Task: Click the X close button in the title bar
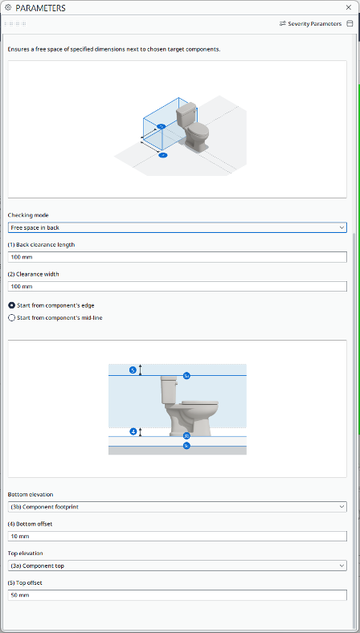tap(347, 7)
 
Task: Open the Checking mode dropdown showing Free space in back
tap(177, 228)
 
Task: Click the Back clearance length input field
tap(177, 257)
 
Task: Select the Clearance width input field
tap(177, 286)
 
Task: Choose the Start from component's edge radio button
tap(11, 305)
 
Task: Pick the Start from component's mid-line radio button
tap(11, 317)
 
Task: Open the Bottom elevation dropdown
tap(177, 507)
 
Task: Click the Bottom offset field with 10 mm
tap(177, 536)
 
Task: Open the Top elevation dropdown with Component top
tap(177, 566)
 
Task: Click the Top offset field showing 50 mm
tap(177, 594)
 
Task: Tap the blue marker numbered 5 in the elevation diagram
tap(133, 370)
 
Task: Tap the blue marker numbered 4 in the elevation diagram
tap(133, 431)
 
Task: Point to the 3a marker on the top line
tap(186, 375)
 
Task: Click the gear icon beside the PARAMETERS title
tap(8, 7)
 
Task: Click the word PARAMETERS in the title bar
tap(40, 7)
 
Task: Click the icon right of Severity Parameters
tap(350, 23)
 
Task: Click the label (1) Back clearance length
tap(42, 245)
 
